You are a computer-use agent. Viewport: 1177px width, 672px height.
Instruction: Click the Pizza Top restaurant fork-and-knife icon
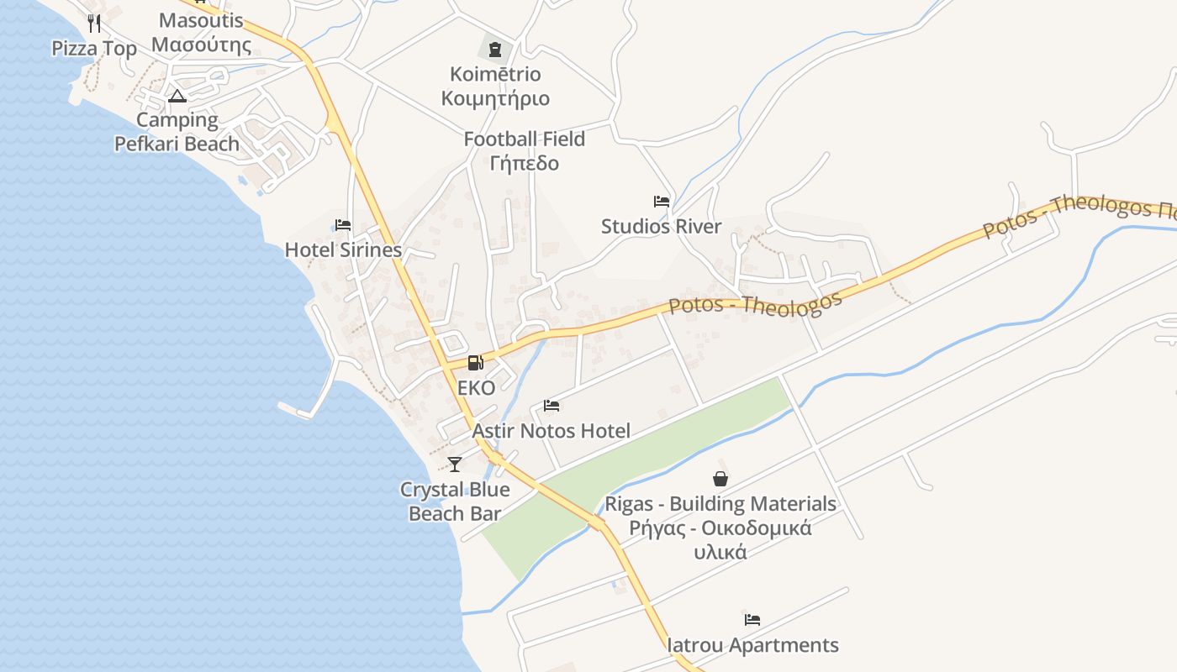point(94,23)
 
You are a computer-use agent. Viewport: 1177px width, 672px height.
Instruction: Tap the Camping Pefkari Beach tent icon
point(177,96)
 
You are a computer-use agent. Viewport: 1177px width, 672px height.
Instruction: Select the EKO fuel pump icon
point(476,363)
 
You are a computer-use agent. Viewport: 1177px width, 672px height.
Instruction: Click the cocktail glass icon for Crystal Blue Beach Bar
point(455,464)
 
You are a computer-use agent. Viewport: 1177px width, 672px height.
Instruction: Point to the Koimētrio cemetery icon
point(494,49)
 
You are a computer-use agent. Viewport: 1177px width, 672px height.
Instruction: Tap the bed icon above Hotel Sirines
point(343,225)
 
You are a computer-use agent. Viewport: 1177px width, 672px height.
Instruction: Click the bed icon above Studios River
point(662,202)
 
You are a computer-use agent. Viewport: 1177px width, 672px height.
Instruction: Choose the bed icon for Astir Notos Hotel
point(552,407)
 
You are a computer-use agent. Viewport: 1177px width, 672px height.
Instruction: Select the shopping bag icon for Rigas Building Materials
point(720,479)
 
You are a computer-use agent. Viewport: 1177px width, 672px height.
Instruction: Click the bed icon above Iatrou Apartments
point(752,621)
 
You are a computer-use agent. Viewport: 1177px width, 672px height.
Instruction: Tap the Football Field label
point(525,139)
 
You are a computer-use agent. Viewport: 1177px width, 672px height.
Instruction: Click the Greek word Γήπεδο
point(525,162)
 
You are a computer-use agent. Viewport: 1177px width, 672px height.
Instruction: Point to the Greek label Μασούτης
point(201,45)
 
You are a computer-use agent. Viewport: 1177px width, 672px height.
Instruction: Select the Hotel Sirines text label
point(343,249)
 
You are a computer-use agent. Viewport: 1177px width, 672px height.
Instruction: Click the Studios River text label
point(662,226)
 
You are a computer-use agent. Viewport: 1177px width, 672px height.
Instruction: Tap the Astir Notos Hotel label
point(552,431)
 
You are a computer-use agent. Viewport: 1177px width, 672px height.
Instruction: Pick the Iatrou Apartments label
point(753,645)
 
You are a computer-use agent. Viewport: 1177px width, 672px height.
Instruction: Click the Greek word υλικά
point(720,552)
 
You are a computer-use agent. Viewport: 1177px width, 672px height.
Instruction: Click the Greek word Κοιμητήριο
point(495,98)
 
